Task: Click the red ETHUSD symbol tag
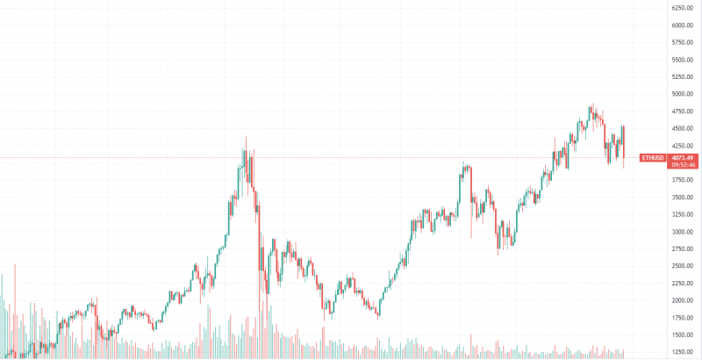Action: (652, 158)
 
